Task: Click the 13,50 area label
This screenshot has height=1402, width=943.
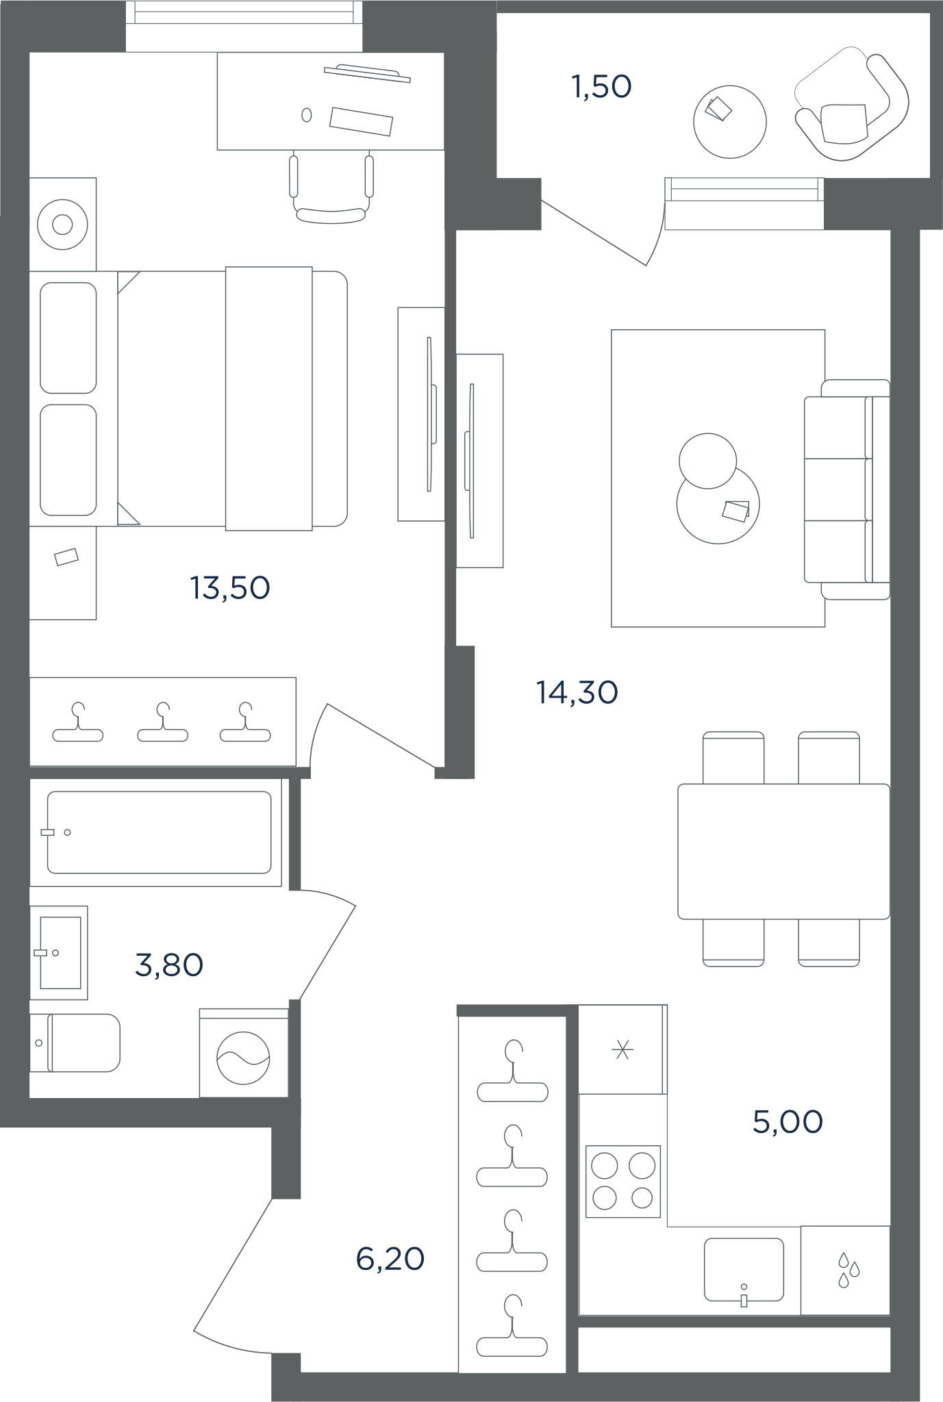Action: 230,588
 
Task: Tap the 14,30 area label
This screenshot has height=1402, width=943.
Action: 577,693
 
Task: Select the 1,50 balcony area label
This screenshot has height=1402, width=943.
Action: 601,87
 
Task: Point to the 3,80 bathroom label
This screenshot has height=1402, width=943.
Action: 169,965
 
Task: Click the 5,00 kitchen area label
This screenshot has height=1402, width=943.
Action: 788,1122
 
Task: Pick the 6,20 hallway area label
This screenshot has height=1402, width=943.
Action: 390,1259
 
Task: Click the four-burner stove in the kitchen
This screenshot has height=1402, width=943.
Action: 623,1181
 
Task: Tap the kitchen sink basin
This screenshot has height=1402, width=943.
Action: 744,1269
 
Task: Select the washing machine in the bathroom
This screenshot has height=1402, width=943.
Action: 244,1052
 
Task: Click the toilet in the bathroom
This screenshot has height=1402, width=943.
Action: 75,1043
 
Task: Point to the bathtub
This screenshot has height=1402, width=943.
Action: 159,832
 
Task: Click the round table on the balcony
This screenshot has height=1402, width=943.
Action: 730,122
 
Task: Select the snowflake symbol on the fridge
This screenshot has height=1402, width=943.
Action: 623,1049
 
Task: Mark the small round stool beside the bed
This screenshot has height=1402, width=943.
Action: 62,224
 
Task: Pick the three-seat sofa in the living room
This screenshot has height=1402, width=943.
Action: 847,489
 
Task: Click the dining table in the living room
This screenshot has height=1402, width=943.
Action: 784,852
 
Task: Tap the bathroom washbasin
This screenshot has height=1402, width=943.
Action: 60,952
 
